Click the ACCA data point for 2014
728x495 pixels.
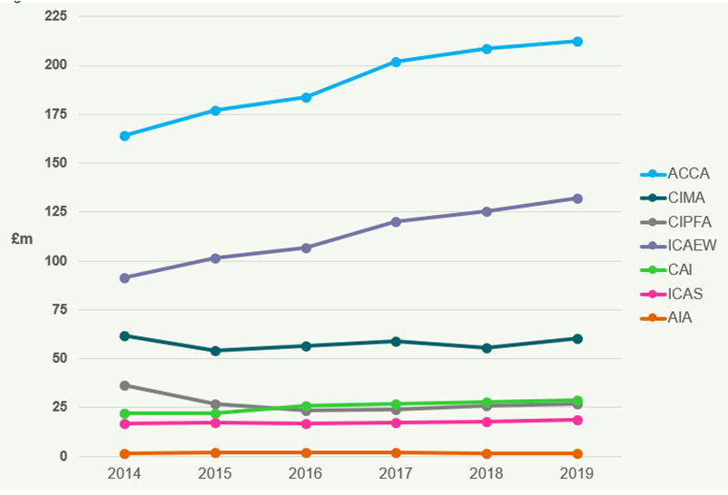click(124, 136)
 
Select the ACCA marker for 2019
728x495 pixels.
click(576, 42)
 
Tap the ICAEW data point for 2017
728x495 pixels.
click(396, 221)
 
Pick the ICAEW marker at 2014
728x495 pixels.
click(124, 278)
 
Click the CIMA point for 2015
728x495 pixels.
click(215, 351)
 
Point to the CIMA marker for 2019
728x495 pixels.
click(576, 339)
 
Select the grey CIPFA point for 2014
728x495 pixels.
click(124, 385)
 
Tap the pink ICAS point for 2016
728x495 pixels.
click(306, 423)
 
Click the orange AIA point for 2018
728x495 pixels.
click(487, 453)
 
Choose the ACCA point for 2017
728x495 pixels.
click(396, 62)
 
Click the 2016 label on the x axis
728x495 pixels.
click(306, 474)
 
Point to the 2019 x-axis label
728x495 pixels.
click(576, 474)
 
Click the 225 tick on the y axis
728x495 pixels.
click(56, 16)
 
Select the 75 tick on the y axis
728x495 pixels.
click(60, 310)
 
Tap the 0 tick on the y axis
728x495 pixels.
click(64, 456)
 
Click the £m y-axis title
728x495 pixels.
click(22, 239)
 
